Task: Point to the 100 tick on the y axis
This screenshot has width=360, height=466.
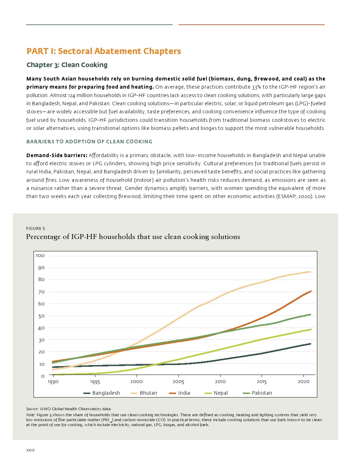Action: (x=40, y=256)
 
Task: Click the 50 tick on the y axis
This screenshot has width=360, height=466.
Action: (x=41, y=316)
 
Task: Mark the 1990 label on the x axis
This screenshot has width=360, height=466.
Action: (x=53, y=382)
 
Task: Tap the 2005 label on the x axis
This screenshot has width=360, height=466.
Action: (x=178, y=382)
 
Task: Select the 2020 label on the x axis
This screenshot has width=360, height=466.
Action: (x=304, y=382)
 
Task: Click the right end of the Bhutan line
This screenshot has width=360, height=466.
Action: (x=310, y=271)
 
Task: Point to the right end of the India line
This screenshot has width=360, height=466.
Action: (x=311, y=291)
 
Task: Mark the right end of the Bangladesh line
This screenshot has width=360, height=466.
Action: (x=310, y=344)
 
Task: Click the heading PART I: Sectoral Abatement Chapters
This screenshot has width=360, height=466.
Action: (x=104, y=51)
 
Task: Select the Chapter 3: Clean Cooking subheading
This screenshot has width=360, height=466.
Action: (x=67, y=65)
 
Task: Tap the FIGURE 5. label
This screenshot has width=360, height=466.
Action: (x=36, y=228)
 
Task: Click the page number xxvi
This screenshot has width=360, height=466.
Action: (x=30, y=450)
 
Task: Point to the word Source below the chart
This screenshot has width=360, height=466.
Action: (x=32, y=409)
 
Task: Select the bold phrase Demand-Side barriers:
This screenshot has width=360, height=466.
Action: (x=57, y=155)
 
